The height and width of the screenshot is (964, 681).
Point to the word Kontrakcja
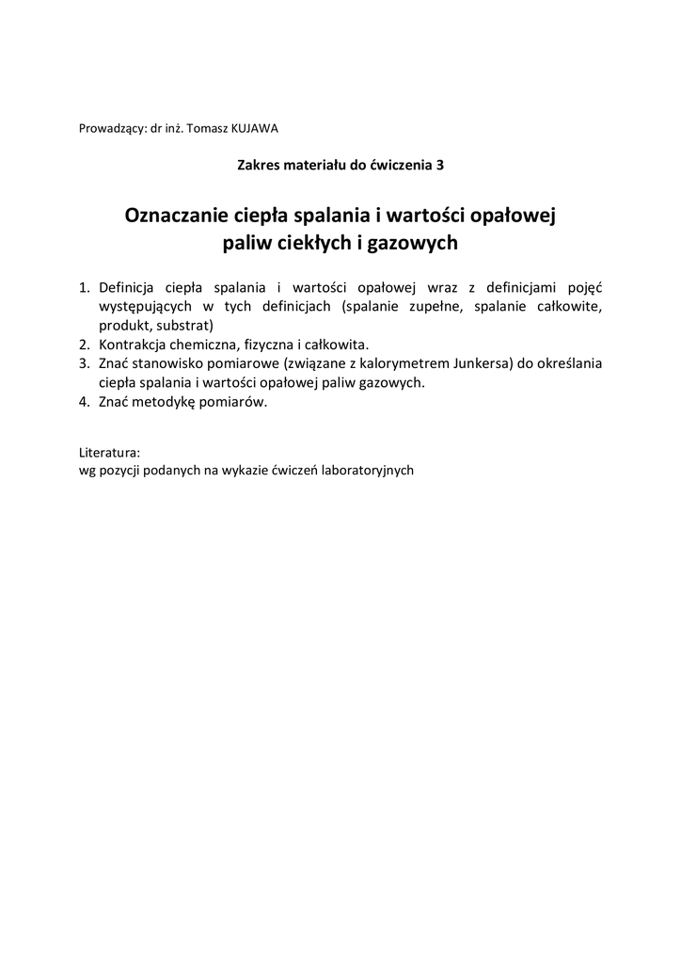click(134, 345)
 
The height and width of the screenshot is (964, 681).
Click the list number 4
click(83, 402)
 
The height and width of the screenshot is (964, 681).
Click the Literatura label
click(110, 452)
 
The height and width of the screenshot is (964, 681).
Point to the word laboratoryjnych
click(368, 470)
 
